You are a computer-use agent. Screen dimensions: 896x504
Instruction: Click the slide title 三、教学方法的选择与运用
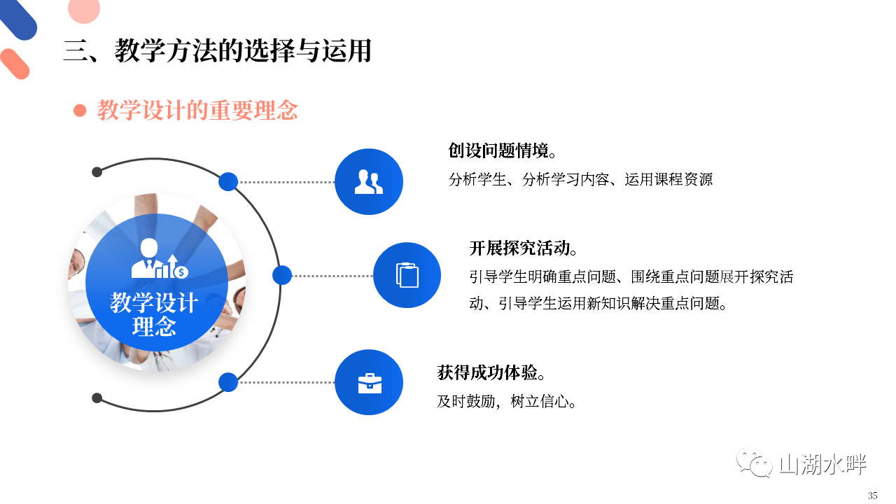218,51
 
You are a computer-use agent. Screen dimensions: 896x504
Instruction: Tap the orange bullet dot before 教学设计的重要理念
80,111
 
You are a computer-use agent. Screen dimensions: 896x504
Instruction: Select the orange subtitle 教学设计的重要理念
197,111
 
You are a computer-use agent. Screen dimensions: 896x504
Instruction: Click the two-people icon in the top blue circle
369,182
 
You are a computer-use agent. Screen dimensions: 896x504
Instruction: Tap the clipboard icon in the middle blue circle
407,275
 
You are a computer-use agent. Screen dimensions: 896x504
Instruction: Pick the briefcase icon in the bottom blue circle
370,383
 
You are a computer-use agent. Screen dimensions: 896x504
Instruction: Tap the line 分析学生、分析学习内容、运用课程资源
580,180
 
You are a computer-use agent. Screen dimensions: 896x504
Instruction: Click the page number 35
873,495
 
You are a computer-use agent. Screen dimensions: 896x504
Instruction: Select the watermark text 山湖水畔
822,464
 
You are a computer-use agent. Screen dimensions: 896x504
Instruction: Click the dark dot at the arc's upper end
97,172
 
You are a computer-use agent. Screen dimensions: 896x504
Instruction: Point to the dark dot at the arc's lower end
97,398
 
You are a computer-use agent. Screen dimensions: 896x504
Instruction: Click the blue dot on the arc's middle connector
282,275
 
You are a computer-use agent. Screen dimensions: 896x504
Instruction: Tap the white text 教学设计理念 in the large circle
154,314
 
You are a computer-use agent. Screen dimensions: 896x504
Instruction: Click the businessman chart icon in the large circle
159,258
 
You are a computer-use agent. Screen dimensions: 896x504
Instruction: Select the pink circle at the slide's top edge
84,9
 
